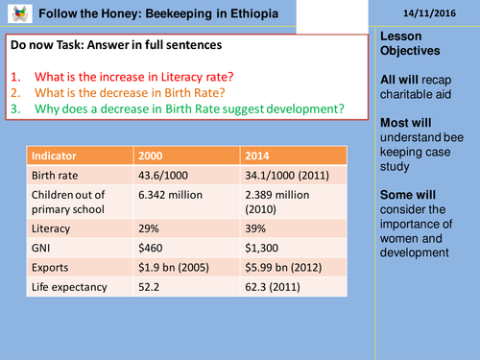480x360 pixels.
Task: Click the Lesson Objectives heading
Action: point(406,42)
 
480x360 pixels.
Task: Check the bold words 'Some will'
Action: point(405,192)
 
